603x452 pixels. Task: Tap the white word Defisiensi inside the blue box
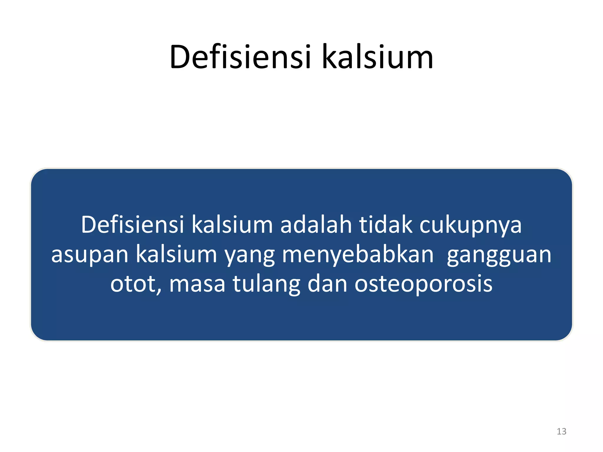tap(132, 225)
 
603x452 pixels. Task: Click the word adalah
tap(316, 225)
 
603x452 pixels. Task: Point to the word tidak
tap(386, 225)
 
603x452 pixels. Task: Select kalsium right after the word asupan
tap(176, 254)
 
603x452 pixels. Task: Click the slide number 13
tap(561, 431)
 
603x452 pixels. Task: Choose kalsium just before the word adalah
tap(232, 225)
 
